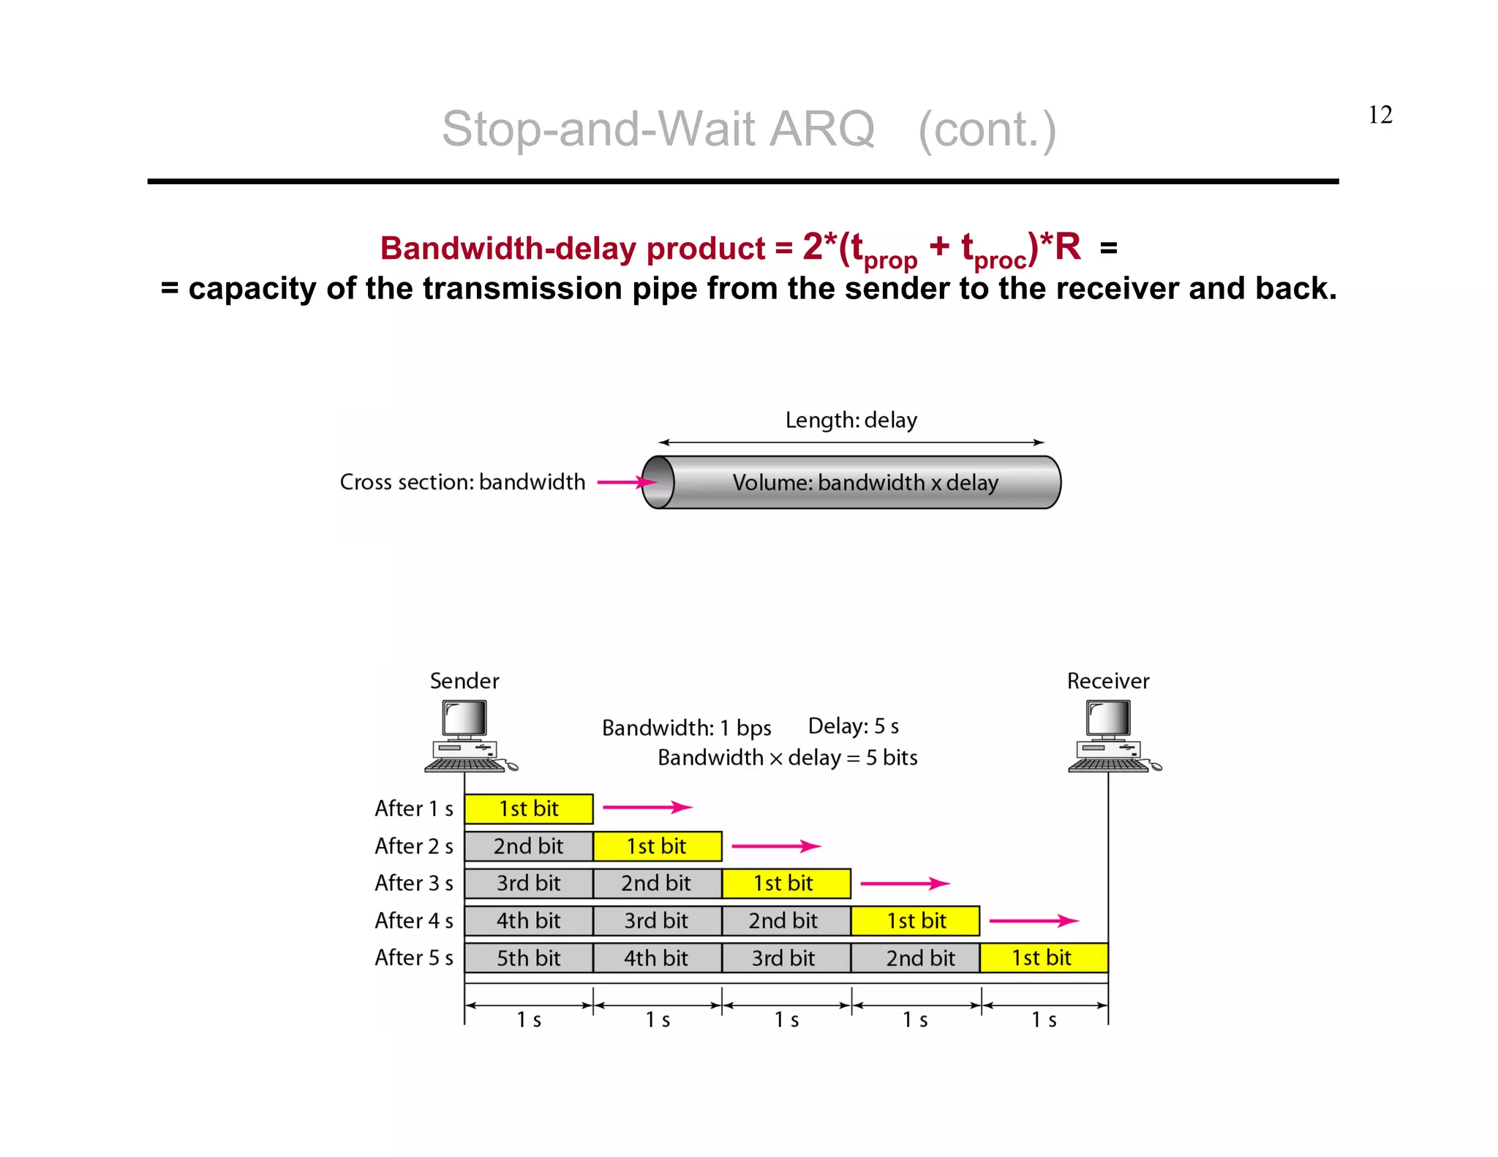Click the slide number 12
(x=1380, y=115)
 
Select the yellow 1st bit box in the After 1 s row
(x=528, y=809)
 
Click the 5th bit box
(x=528, y=958)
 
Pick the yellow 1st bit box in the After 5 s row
(x=1043, y=958)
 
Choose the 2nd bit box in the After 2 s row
(x=528, y=846)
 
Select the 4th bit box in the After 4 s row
(x=528, y=921)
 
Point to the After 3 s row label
(x=414, y=883)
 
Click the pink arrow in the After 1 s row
(x=647, y=807)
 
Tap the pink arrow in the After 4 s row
(x=1033, y=921)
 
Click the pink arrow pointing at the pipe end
(x=626, y=482)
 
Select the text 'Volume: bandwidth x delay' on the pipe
(x=865, y=483)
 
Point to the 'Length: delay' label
(x=851, y=421)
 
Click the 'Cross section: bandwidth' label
(x=462, y=483)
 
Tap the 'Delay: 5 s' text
(x=853, y=726)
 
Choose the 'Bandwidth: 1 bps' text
(x=686, y=728)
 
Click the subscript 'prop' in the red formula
(x=890, y=261)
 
